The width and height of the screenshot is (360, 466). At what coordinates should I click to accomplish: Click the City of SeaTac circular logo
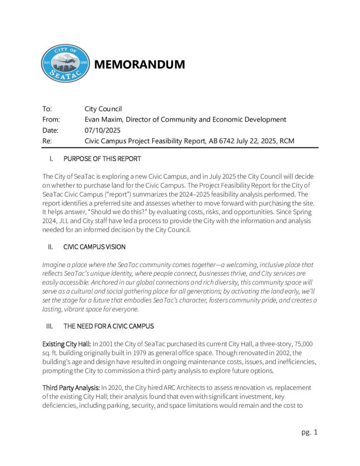65,64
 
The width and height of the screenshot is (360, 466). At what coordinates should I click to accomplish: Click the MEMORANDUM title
139,65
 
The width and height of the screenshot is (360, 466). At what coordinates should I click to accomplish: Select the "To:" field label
47,109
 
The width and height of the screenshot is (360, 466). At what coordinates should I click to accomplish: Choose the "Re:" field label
47,141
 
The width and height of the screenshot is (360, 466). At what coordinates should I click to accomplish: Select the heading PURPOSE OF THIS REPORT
102,159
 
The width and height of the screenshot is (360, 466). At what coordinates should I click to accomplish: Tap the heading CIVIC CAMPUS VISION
94,247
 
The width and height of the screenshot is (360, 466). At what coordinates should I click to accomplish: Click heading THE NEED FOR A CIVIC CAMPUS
108,326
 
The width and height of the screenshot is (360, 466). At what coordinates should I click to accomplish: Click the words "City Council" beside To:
103,109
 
